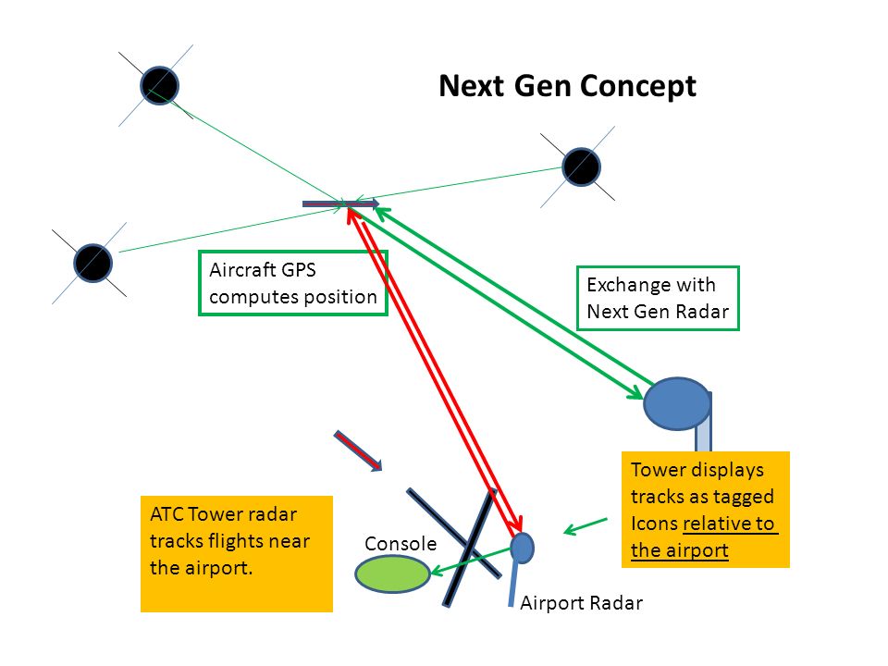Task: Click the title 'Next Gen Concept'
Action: coord(567,87)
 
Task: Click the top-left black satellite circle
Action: coord(160,85)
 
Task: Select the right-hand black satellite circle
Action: coord(581,167)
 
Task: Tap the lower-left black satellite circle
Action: coord(92,263)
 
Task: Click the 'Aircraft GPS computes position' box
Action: coord(293,283)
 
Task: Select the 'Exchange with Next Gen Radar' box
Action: coord(658,298)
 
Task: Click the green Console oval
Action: coord(392,573)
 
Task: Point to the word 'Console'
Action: coord(401,544)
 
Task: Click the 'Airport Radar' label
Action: coord(581,603)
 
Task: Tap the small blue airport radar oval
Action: coord(522,548)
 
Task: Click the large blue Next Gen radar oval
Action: coord(677,403)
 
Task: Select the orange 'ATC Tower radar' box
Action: coord(237,554)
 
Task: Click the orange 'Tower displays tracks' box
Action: coord(706,509)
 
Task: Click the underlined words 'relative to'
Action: coord(729,524)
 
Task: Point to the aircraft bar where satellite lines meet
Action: coord(340,203)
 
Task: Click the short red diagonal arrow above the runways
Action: coord(358,450)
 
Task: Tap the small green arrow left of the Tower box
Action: coord(586,526)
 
